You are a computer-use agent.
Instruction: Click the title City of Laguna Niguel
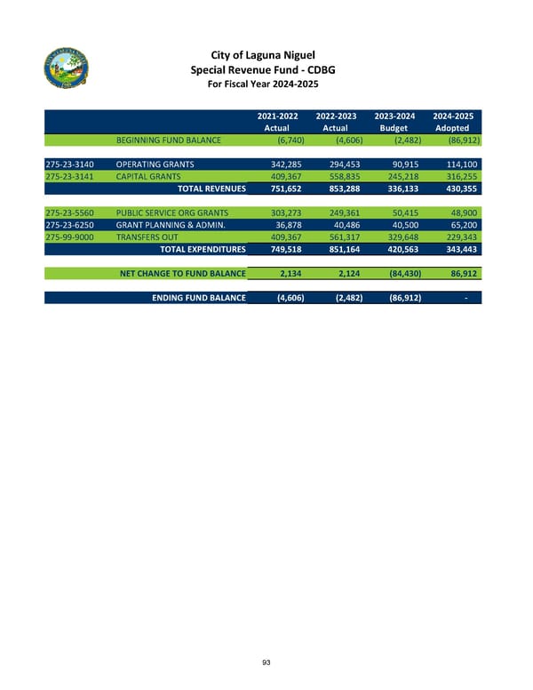tap(266, 53)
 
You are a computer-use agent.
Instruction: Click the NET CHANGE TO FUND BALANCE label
tap(183, 273)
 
